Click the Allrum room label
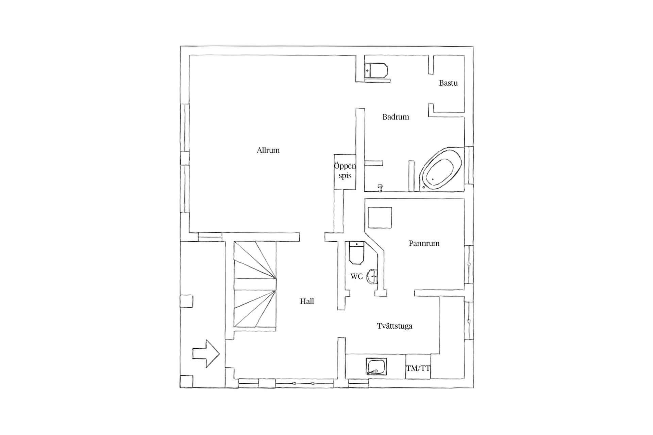(x=268, y=150)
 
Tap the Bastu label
(x=448, y=83)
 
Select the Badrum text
(x=396, y=117)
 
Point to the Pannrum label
(x=424, y=243)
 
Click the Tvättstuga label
(x=395, y=326)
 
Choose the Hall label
(x=307, y=301)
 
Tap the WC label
(x=356, y=277)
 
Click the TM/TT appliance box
(x=418, y=367)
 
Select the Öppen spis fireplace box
(x=345, y=171)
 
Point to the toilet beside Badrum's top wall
(x=376, y=71)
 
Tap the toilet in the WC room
(x=356, y=253)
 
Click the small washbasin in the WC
(x=373, y=276)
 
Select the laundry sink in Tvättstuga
(x=376, y=367)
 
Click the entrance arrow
(x=206, y=354)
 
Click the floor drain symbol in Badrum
(x=380, y=188)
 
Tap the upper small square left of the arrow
(x=186, y=301)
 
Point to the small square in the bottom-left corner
(x=186, y=381)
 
